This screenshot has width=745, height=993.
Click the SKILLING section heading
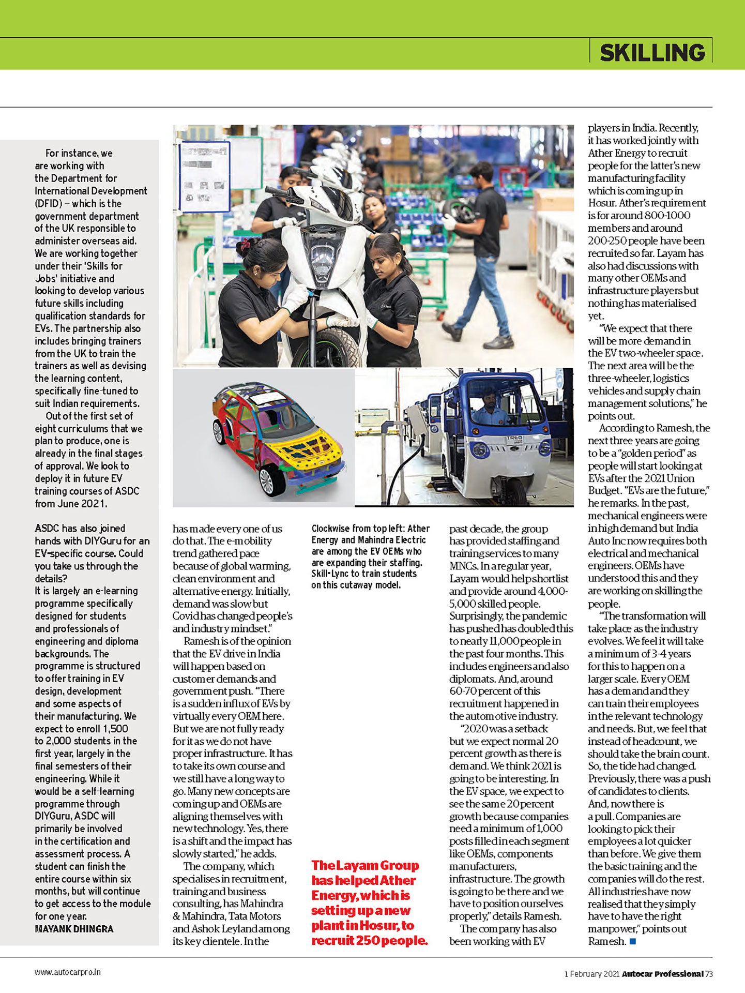pyautogui.click(x=652, y=53)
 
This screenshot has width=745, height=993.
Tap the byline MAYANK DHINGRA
pyautogui.click(x=74, y=928)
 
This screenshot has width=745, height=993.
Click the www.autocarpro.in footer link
pyautogui.click(x=68, y=972)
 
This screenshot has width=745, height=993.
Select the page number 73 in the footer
pyautogui.click(x=709, y=974)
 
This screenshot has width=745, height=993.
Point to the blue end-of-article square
pyautogui.click(x=632, y=941)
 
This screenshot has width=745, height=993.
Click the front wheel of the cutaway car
pyautogui.click(x=272, y=479)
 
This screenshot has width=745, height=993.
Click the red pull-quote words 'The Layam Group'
pyautogui.click(x=365, y=865)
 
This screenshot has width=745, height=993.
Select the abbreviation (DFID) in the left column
pyautogui.click(x=48, y=203)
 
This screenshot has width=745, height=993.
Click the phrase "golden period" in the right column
pyautogui.click(x=656, y=453)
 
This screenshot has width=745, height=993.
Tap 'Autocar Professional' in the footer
pyautogui.click(x=662, y=974)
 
